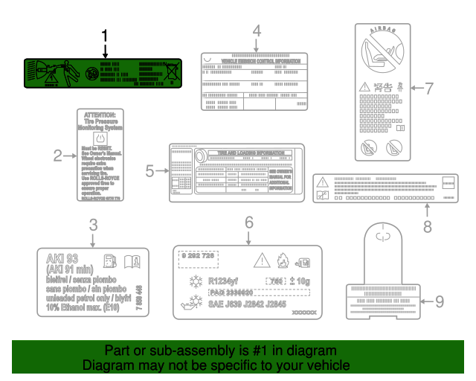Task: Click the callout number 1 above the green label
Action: click(x=105, y=36)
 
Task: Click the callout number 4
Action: click(x=256, y=31)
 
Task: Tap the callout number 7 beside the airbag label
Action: click(x=428, y=87)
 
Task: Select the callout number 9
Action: click(x=440, y=301)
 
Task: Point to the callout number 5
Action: click(x=149, y=170)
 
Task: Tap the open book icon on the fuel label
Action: click(x=132, y=261)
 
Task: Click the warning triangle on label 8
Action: click(x=321, y=181)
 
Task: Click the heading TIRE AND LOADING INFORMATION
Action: click(x=246, y=153)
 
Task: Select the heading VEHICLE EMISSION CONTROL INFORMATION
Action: click(x=254, y=61)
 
